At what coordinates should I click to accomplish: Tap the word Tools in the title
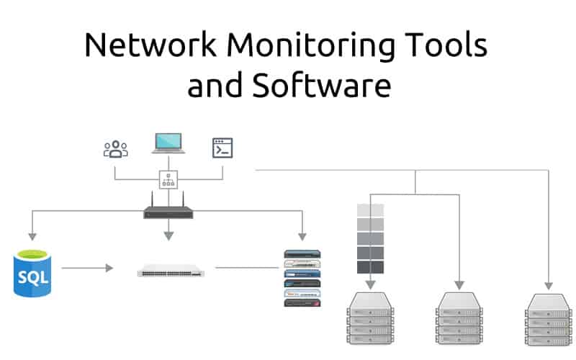tap(447, 47)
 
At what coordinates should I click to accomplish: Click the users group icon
tap(115, 149)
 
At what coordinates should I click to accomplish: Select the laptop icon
tap(168, 143)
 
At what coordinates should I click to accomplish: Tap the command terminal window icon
tap(222, 148)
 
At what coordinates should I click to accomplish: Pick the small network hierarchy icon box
tap(168, 181)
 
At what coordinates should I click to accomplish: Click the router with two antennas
tap(168, 212)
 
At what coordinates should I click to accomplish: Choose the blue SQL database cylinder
tap(32, 273)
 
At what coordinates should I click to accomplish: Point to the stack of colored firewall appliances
tap(302, 277)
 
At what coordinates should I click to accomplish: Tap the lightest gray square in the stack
tap(370, 210)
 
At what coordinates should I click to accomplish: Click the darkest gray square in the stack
tap(370, 267)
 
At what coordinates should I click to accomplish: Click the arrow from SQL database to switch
tap(86, 268)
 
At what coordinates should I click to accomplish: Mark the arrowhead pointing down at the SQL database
tap(31, 236)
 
